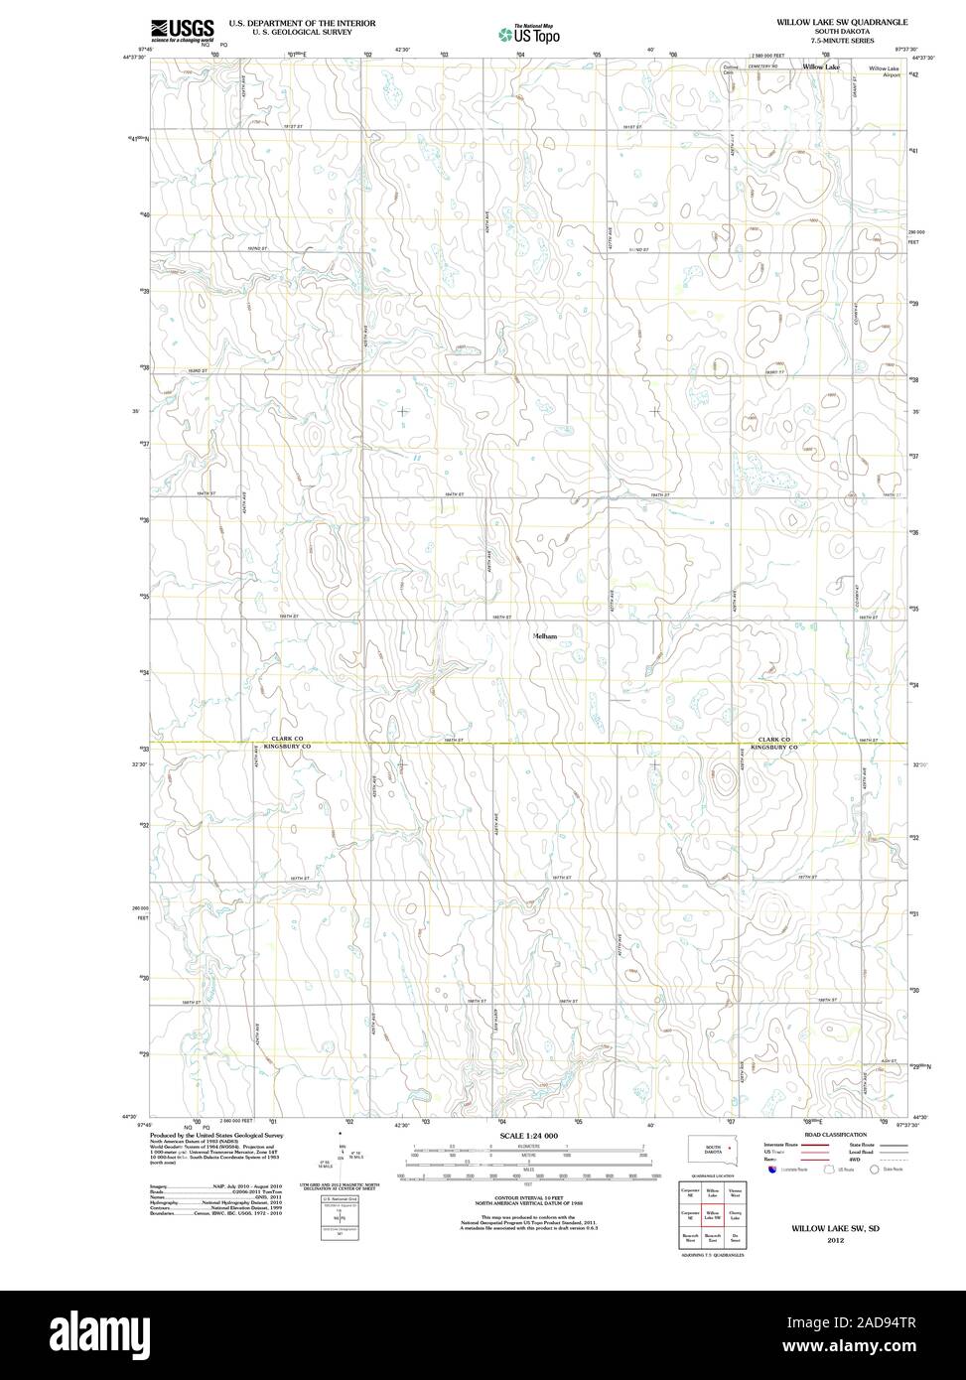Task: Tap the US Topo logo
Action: tap(529, 35)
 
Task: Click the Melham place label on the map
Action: tap(545, 635)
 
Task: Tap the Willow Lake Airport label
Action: tap(884, 70)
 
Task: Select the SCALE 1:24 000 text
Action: tap(529, 1135)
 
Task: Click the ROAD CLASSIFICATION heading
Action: tap(835, 1134)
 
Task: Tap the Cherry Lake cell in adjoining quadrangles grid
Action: tap(735, 1215)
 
